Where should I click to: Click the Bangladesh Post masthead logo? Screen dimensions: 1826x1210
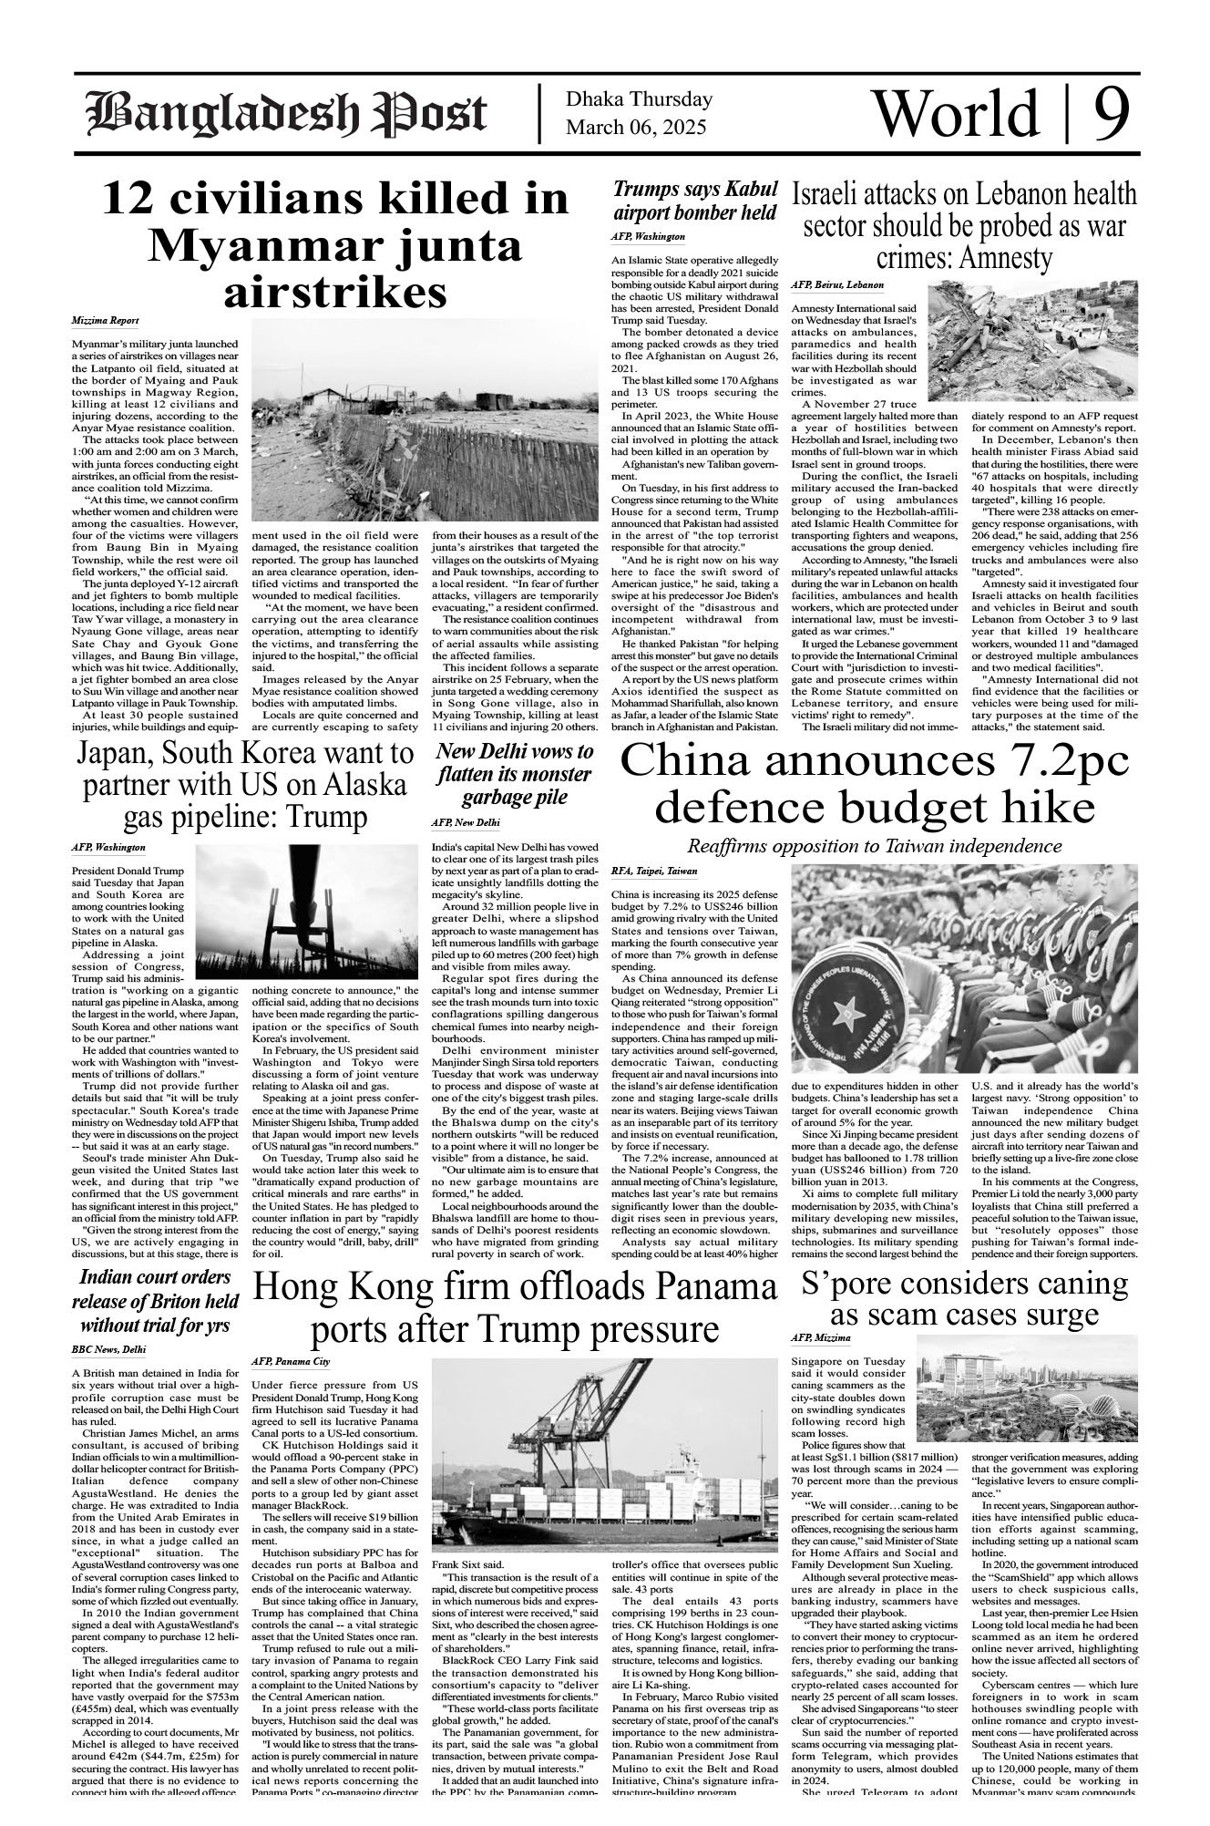point(286,115)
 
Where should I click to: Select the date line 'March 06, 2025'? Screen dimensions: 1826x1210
point(635,128)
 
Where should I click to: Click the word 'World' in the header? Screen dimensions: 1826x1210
point(955,113)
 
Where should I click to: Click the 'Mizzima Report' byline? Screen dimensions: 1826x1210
point(106,321)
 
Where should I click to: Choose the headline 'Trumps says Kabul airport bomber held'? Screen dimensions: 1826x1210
point(695,201)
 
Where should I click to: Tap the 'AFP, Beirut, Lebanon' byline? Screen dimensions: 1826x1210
point(837,285)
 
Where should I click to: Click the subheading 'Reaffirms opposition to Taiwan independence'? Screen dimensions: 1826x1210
point(875,844)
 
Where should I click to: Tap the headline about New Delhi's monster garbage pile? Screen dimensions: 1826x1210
point(514,775)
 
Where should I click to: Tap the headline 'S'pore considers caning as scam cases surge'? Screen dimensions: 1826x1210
point(964,1298)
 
